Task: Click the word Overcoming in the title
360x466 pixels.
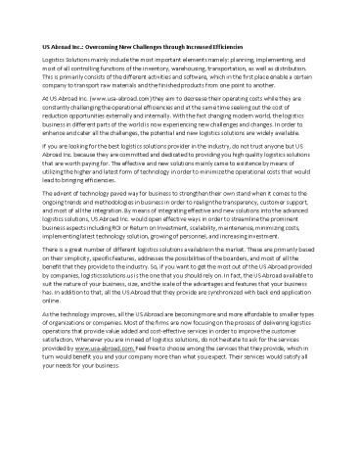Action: (108, 47)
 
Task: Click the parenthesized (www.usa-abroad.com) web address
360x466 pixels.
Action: (117, 98)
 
